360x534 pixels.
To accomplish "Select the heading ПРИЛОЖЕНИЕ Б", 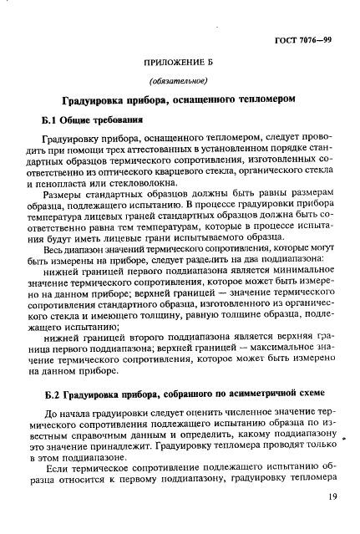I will point(180,64).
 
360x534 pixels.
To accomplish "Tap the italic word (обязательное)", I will point(180,81).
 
